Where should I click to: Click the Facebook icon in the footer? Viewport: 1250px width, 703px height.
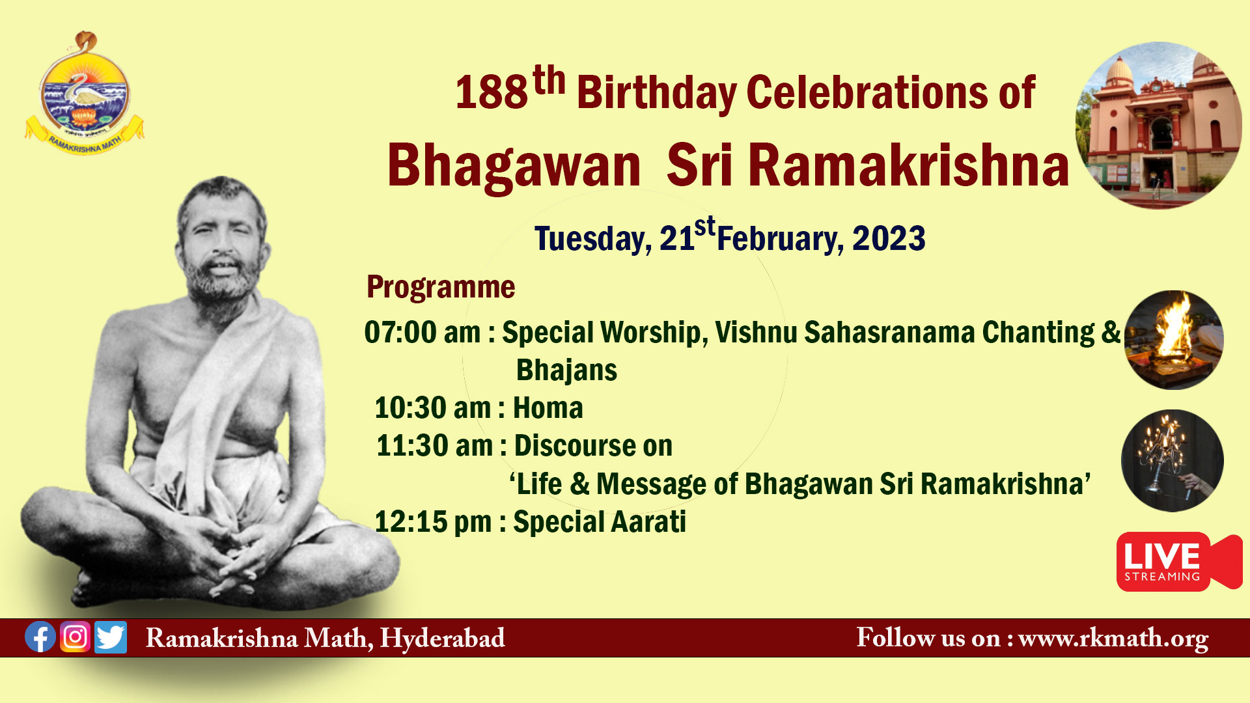tap(40, 637)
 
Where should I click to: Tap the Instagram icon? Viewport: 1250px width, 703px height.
tap(76, 637)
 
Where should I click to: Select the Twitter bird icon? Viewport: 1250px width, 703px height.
tap(111, 637)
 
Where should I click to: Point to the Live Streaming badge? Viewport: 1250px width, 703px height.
tap(1179, 562)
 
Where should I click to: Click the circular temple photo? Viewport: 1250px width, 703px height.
tap(1158, 126)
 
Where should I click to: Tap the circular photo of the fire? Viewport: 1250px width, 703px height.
tap(1174, 340)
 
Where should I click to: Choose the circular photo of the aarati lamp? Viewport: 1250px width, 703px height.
tap(1173, 461)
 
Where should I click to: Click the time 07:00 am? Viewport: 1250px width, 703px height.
tap(422, 333)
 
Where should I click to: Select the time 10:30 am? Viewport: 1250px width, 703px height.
tap(432, 408)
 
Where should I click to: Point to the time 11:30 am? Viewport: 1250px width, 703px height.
tap(434, 446)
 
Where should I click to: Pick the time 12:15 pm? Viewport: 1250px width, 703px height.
tap(433, 522)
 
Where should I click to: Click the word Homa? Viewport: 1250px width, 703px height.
tap(548, 408)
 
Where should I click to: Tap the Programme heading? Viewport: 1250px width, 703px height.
tap(441, 287)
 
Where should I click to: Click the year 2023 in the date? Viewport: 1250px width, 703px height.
tap(889, 239)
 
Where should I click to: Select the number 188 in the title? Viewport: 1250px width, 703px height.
tap(492, 92)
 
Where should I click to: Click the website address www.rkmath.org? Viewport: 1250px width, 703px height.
tap(1113, 638)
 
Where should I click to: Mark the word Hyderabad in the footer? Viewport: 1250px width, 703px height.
tap(443, 638)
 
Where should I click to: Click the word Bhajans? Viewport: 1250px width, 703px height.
tap(566, 370)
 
